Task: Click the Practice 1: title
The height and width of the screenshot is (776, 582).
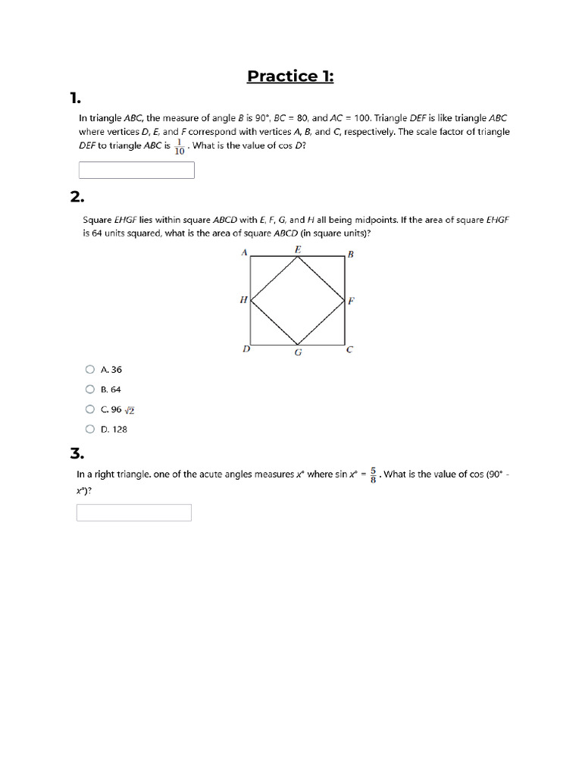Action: coord(291,76)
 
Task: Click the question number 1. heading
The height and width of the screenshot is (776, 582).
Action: coord(74,98)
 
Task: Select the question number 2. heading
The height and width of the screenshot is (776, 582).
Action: coord(77,197)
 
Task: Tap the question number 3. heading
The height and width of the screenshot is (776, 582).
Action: coord(77,453)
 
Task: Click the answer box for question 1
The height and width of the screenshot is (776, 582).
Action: coord(136,170)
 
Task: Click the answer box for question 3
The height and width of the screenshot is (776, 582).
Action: coord(134,513)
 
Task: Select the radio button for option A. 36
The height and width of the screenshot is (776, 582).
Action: coord(90,370)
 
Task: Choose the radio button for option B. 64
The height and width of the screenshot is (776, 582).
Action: coord(90,390)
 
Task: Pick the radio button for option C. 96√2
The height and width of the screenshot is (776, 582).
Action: coord(90,409)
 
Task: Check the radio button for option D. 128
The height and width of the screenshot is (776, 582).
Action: coord(90,429)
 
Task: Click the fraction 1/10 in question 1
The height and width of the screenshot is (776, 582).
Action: coord(180,146)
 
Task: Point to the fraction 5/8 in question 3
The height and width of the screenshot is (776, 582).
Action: coord(374,475)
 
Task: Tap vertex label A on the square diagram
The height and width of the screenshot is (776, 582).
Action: coord(244,253)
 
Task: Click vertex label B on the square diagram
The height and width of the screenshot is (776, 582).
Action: coord(351,255)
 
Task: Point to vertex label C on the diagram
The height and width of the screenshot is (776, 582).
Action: coord(349,350)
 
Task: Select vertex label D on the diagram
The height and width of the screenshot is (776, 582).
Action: coord(245,349)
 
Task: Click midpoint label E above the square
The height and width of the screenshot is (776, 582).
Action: coord(298,249)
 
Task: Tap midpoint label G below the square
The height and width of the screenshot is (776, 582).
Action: coord(298,352)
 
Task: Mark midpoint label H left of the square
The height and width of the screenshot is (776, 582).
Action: coord(243,300)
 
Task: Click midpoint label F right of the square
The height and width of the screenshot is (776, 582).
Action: coord(351,301)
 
